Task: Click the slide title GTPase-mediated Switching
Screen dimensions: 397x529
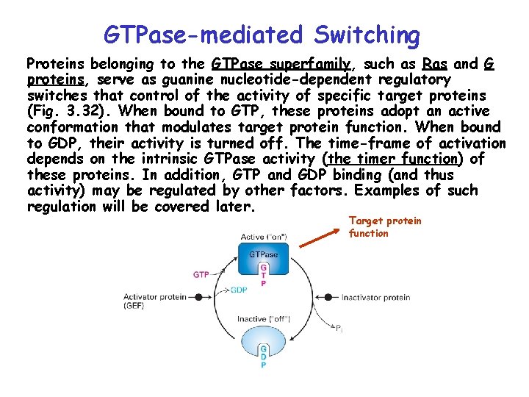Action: click(x=262, y=34)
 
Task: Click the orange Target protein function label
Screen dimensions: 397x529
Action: click(x=384, y=227)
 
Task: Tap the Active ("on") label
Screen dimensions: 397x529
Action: click(x=263, y=237)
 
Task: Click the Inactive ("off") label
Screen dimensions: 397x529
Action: click(x=263, y=319)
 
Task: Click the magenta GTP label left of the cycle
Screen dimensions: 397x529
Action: click(x=201, y=274)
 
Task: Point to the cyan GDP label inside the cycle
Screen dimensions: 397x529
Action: click(x=239, y=290)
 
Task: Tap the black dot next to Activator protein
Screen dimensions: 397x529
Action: click(x=198, y=297)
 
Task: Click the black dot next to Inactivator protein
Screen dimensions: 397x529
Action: click(x=328, y=298)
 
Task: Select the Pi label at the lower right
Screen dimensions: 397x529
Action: click(x=339, y=330)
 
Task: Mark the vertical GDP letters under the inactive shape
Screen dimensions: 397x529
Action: click(x=263, y=357)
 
